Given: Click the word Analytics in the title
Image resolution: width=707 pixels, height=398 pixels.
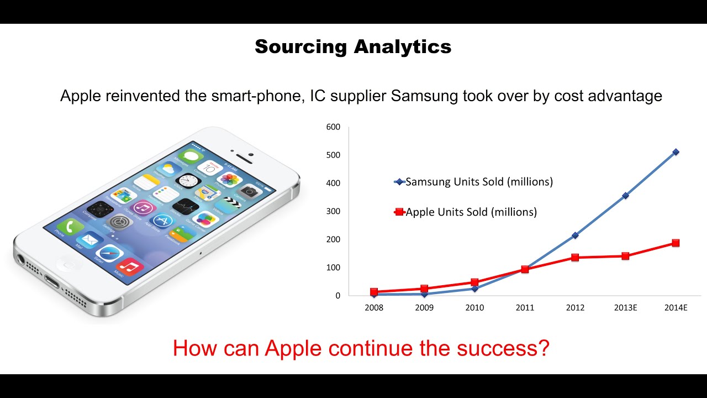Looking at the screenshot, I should coord(402,47).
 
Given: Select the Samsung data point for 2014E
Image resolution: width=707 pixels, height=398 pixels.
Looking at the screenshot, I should coord(676,152).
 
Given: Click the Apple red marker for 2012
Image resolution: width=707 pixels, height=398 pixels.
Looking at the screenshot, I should coord(575,258).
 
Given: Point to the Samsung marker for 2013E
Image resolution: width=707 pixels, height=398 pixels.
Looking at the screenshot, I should coord(625,196).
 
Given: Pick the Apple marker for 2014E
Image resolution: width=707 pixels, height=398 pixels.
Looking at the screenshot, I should coord(676,243).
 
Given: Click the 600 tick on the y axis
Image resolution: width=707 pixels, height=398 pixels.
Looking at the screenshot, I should coord(333,127).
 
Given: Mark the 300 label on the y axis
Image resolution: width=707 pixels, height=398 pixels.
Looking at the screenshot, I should coord(333,211).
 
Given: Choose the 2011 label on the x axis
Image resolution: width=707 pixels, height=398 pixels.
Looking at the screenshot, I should coord(525,308).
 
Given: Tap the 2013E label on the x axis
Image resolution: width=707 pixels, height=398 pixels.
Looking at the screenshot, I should coord(625,308).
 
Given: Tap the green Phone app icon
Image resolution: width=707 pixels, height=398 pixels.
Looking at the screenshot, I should coord(70,226).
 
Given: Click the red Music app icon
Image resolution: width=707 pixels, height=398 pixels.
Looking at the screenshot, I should coord(130,267).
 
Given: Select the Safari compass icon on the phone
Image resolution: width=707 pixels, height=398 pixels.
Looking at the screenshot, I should coord(109,253).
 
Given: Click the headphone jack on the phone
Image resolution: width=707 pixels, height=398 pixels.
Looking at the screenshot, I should coord(22,259).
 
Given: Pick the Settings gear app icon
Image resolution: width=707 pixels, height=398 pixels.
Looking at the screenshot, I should coord(118,222).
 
